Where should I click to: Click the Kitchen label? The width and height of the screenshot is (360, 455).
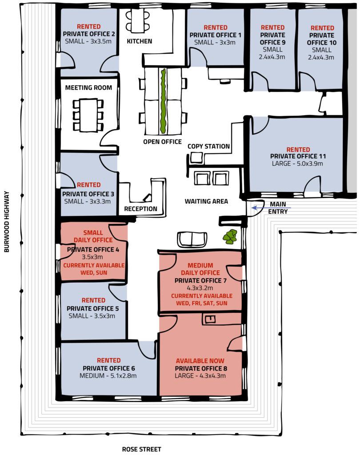pos(140,41)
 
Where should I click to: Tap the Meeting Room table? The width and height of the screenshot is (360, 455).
pos(88,115)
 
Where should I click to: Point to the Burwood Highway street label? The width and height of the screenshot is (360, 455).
pos(7,222)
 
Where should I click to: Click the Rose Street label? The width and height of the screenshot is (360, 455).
pos(141,449)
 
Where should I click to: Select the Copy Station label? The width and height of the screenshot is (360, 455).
pos(208,146)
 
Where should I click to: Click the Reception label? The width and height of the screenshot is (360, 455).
pos(140,209)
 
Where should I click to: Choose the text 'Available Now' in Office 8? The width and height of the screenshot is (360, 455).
pos(200,361)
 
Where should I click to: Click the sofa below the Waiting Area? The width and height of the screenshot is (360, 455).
pos(192,239)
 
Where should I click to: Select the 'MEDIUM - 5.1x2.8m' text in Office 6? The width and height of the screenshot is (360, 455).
pos(108,375)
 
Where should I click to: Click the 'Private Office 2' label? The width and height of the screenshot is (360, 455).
pos(89,34)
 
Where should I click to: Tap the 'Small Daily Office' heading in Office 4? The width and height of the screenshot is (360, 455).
pos(93,236)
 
